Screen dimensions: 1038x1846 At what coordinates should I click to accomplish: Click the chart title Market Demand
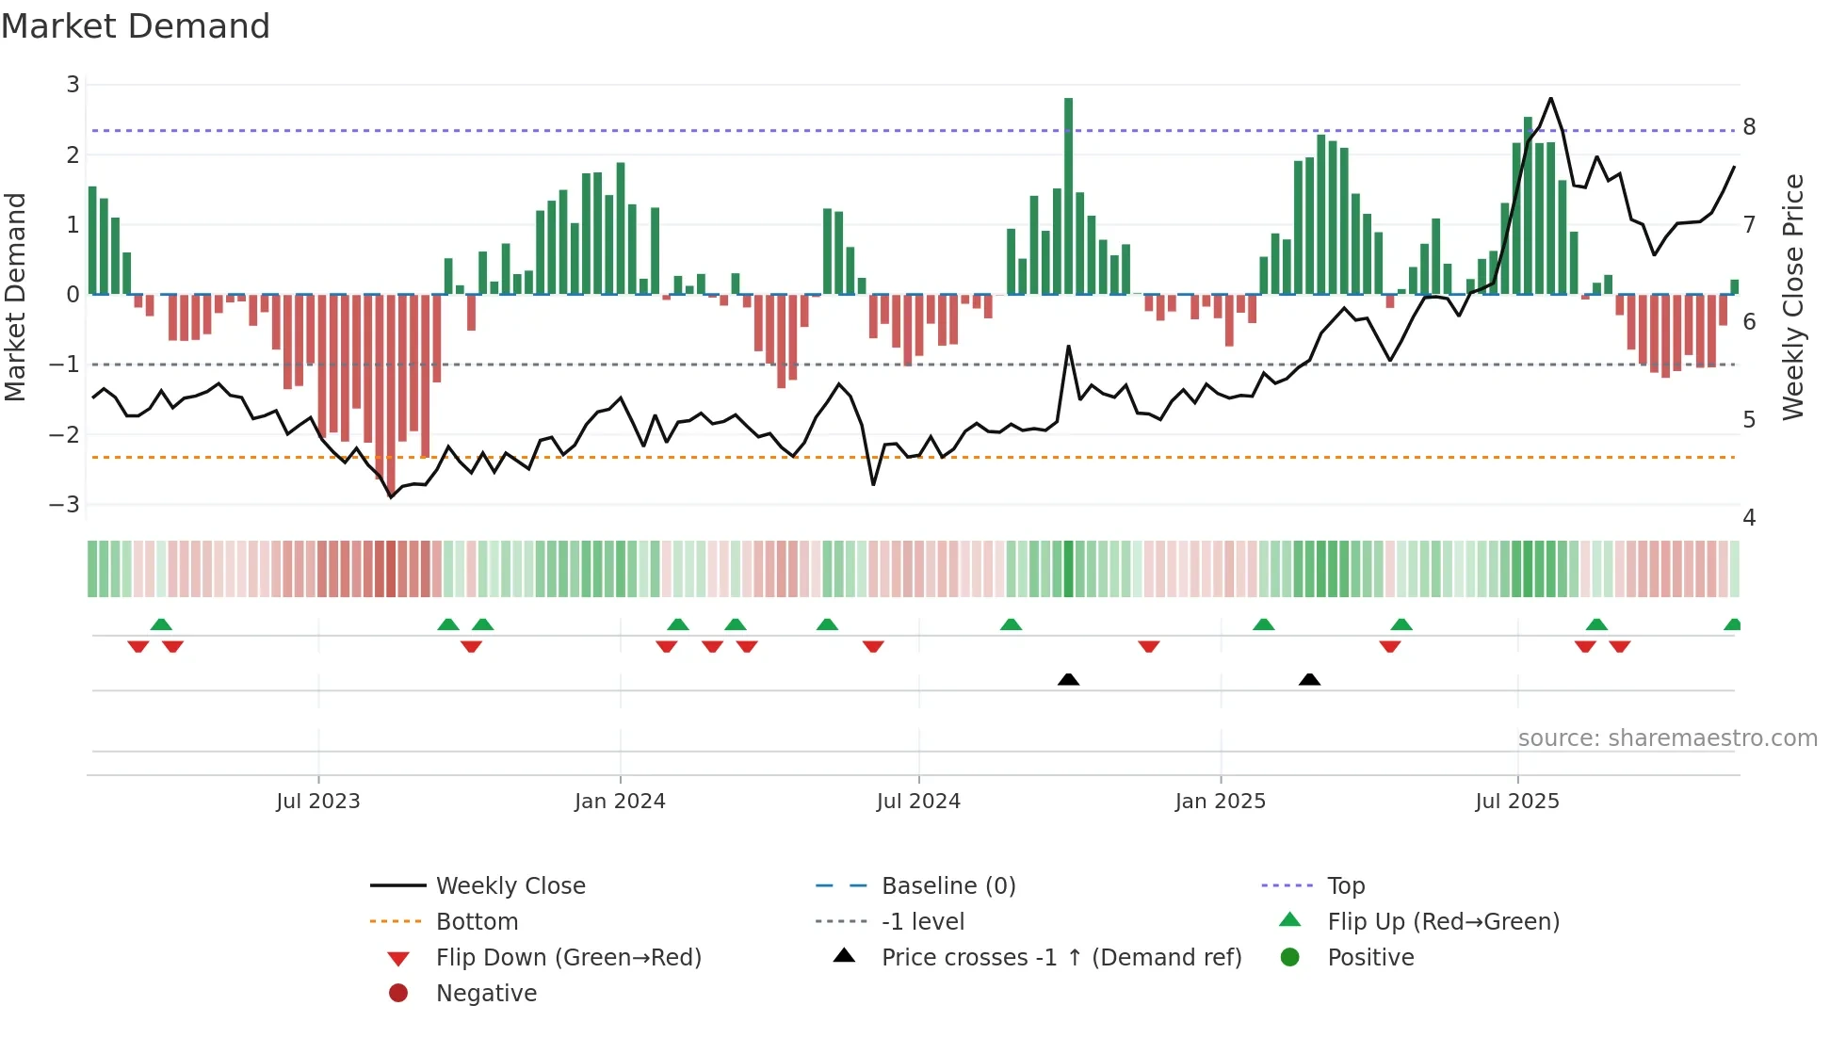tap(136, 26)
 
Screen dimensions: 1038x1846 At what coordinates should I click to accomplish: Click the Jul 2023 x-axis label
tap(318, 802)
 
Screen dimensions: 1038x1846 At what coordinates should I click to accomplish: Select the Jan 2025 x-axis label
tap(1221, 802)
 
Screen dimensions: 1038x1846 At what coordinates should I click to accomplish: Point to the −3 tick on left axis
tap(65, 505)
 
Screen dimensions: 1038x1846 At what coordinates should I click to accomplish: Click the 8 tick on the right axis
tap(1749, 127)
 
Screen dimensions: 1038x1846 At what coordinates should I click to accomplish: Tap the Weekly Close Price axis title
tap(1793, 297)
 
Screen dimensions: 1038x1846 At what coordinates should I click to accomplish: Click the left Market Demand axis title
tap(15, 297)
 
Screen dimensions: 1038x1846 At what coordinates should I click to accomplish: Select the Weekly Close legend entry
tap(510, 886)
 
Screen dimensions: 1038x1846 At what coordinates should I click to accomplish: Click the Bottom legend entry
tap(477, 922)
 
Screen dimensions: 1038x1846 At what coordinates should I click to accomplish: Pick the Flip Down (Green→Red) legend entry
tap(568, 958)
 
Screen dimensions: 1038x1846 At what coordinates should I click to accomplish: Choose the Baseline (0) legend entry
tap(947, 886)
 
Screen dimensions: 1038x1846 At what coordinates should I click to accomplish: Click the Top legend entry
tap(1345, 886)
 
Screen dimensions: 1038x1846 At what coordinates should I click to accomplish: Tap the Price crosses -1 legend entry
tap(1061, 958)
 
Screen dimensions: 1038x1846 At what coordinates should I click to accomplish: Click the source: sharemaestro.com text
tap(1667, 738)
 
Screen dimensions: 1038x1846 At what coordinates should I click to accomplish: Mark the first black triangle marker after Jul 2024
tap(1068, 679)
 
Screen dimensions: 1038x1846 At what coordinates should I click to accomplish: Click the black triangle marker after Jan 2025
tap(1309, 679)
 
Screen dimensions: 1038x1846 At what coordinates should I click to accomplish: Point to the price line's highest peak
tap(1550, 98)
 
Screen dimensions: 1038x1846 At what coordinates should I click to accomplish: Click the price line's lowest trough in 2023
tap(392, 497)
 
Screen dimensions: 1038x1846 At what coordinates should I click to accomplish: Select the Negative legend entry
tap(486, 994)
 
